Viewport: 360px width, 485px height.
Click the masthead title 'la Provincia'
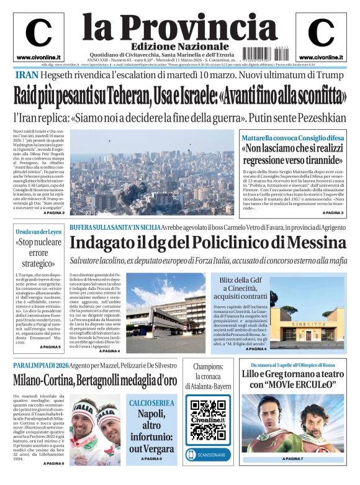coord(171,26)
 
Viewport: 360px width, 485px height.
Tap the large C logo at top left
coord(38,34)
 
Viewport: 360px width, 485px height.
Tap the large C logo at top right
coord(321,34)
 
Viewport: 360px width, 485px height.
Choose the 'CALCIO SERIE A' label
coord(151,403)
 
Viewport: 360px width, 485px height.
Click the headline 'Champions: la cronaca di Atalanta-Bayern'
coord(208,376)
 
